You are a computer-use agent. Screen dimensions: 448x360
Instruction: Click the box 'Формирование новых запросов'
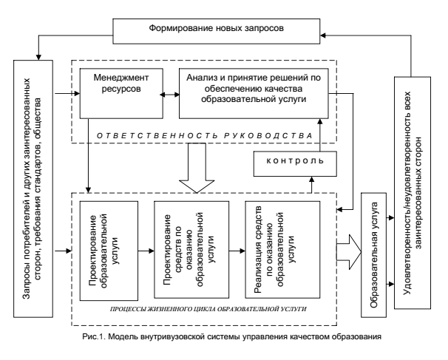point(217,32)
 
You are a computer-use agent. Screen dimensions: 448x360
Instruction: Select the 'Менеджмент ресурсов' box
point(121,93)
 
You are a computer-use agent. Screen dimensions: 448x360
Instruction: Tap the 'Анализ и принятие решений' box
point(254,93)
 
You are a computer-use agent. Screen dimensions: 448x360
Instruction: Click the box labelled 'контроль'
point(295,163)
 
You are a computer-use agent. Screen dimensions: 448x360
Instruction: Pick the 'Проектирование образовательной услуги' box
point(109,251)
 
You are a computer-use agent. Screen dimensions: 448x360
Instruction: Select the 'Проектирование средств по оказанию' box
point(191,250)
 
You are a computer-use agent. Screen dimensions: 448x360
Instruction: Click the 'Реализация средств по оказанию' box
point(283,250)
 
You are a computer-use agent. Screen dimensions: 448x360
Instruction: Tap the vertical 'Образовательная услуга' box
point(374,255)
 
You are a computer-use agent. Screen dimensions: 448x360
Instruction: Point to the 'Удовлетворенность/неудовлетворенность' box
point(413,193)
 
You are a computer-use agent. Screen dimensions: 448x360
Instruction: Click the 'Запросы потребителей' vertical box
point(33,189)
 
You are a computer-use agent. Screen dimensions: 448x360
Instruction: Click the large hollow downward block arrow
point(197,168)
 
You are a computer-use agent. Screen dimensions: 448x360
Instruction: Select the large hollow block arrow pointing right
point(349,252)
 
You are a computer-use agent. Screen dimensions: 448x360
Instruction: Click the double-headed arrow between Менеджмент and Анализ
point(172,95)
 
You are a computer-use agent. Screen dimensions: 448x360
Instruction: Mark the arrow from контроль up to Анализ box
point(320,135)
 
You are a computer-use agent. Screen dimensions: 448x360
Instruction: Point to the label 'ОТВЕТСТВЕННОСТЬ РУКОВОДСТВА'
point(205,136)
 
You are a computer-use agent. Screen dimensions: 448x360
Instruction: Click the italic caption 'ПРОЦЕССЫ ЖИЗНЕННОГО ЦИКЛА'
point(208,309)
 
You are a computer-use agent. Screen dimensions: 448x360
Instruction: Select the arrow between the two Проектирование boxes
point(146,251)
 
